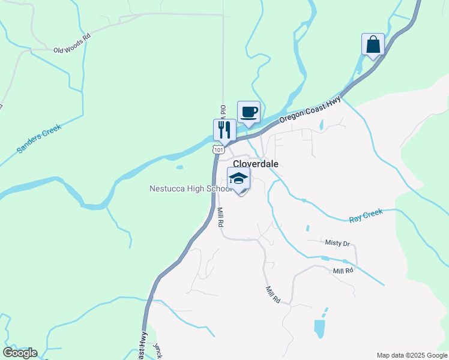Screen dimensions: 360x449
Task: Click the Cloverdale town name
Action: click(255, 164)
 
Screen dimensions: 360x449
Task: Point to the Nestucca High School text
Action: click(190, 189)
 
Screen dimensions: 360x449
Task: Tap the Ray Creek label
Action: click(366, 217)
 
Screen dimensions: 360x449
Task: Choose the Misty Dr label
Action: click(337, 243)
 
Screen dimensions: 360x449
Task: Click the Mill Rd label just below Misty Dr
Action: click(343, 271)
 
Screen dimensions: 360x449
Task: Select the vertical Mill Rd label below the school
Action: click(220, 217)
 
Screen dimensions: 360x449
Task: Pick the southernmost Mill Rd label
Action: click(273, 294)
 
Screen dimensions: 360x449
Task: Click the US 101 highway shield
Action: click(218, 148)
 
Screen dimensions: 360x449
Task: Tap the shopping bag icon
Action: click(373, 44)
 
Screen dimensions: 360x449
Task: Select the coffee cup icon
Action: click(249, 112)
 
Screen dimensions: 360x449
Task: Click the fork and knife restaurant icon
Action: click(224, 129)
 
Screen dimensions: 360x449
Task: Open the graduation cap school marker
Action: click(238, 179)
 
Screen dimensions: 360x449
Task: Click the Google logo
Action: click(20, 353)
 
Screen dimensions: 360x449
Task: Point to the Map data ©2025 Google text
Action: click(412, 355)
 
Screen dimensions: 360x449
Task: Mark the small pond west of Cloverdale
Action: click(179, 167)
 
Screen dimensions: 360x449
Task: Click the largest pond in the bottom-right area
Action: click(320, 328)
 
